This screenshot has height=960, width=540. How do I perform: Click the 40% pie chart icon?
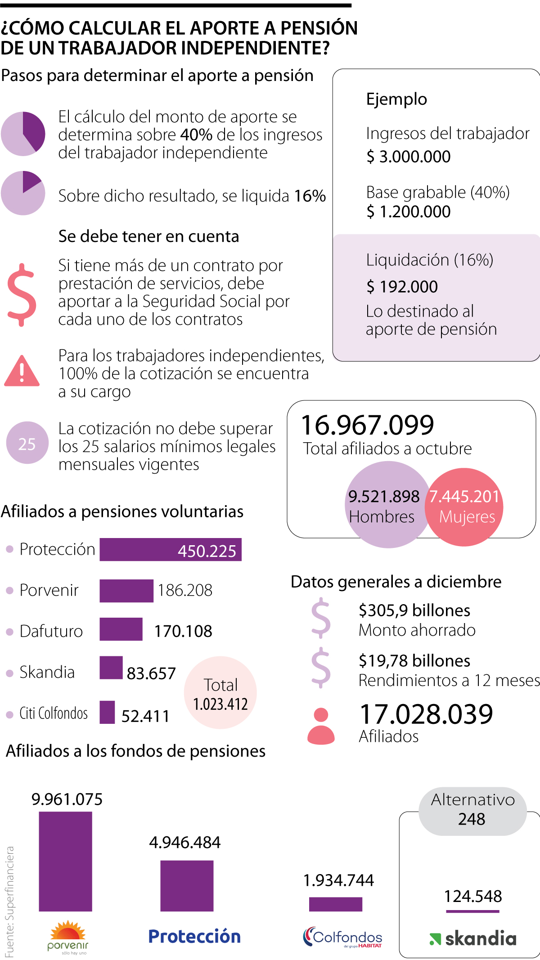point(23,134)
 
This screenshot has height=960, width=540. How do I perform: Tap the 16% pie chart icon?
point(23,193)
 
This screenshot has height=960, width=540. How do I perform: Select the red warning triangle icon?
point(22,372)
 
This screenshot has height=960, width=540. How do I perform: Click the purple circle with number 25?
point(27,443)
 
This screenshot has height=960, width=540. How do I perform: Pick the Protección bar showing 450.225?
point(170,549)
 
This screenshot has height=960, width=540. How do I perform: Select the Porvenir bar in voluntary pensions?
point(126,591)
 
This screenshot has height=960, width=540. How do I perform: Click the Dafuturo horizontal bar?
point(121,629)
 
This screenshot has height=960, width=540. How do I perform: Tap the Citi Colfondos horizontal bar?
point(107,712)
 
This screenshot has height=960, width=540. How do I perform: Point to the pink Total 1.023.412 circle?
point(220,693)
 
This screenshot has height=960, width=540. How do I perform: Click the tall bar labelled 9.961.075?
point(66,861)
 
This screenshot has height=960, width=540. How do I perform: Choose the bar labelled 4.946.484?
point(187,885)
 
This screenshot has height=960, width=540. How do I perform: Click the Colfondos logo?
point(343,938)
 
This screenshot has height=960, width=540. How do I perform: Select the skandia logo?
point(472,938)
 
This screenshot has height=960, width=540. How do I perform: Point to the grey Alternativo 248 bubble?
point(472,811)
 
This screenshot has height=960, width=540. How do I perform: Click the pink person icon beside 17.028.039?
point(321,726)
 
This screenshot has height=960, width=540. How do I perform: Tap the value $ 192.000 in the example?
point(402,287)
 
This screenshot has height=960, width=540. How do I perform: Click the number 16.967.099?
point(367,425)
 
